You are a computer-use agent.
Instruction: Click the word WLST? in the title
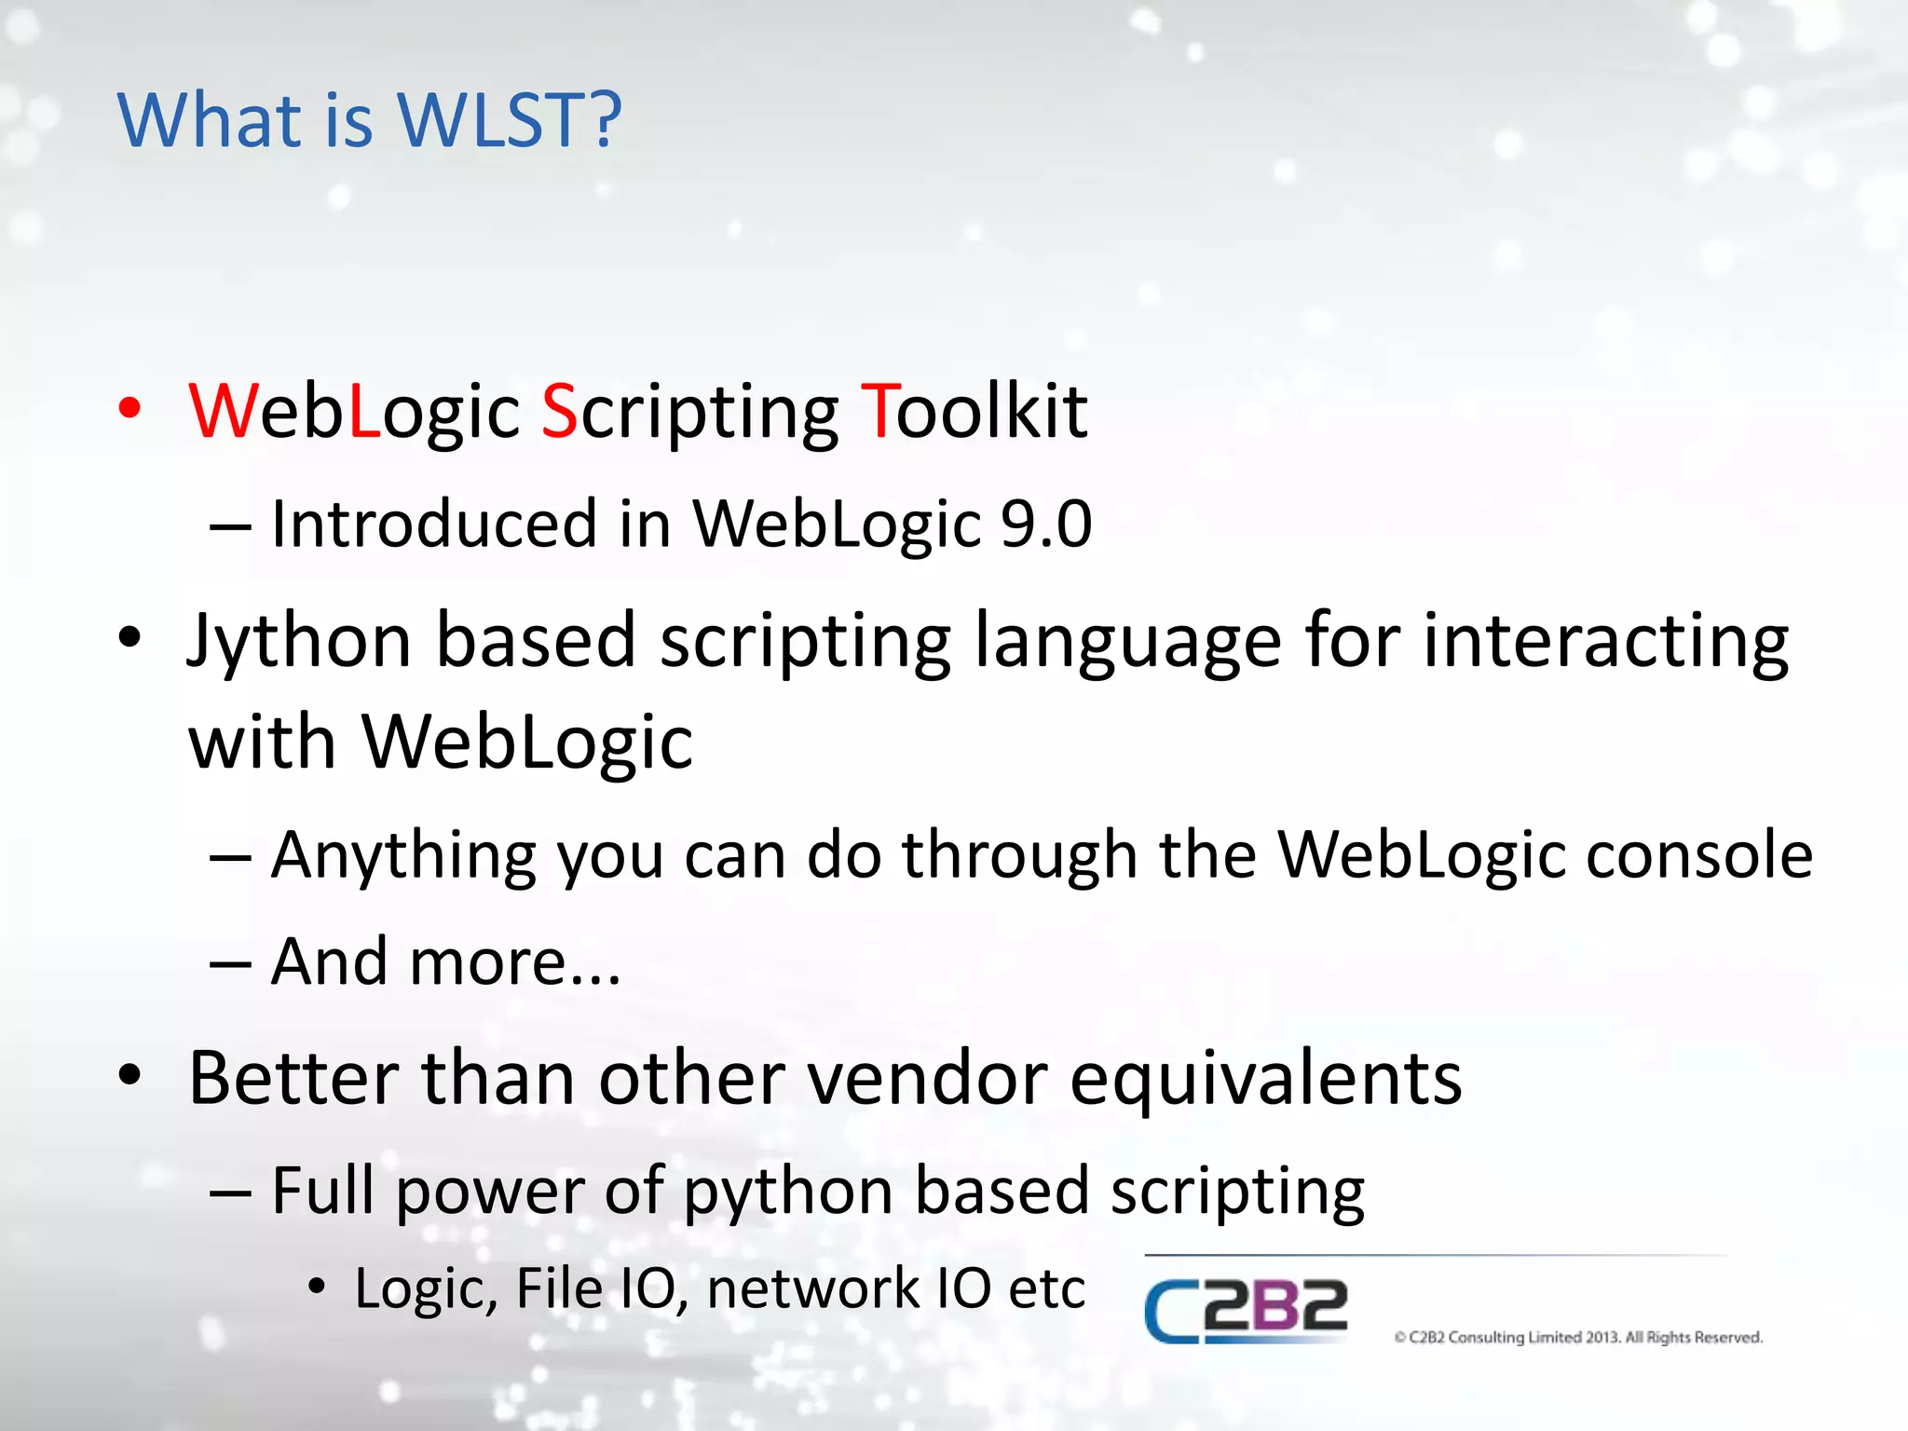click(509, 120)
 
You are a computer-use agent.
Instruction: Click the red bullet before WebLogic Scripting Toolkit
click(130, 409)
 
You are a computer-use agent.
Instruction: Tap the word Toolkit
click(974, 411)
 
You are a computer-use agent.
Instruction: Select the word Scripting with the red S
click(689, 413)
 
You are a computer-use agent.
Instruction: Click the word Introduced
click(433, 524)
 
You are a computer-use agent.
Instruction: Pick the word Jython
click(299, 643)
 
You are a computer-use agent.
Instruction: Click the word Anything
click(403, 856)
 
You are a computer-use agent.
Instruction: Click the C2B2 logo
click(1246, 1309)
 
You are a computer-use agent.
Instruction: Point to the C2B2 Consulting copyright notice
click(1578, 1338)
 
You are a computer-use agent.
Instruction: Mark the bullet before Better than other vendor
click(130, 1076)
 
